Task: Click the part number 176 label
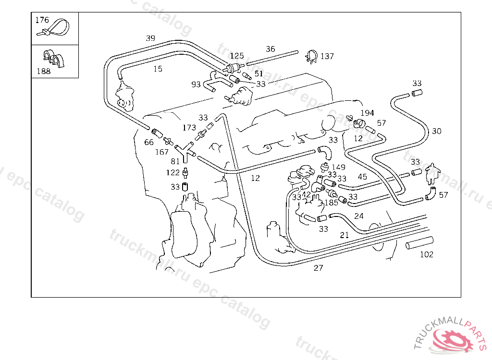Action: point(42,20)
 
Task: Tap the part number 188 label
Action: point(43,72)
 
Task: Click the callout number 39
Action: point(150,38)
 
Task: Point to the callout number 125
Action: point(236,56)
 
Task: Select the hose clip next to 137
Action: point(310,57)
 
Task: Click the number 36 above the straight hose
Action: point(271,49)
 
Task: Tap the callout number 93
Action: point(196,84)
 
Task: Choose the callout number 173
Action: point(189,128)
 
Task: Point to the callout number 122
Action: point(173,172)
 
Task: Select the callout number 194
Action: point(367,113)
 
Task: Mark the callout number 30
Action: point(436,131)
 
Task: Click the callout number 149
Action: point(338,167)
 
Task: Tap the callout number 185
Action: point(331,203)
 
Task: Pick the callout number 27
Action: point(319,268)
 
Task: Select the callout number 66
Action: point(149,142)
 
